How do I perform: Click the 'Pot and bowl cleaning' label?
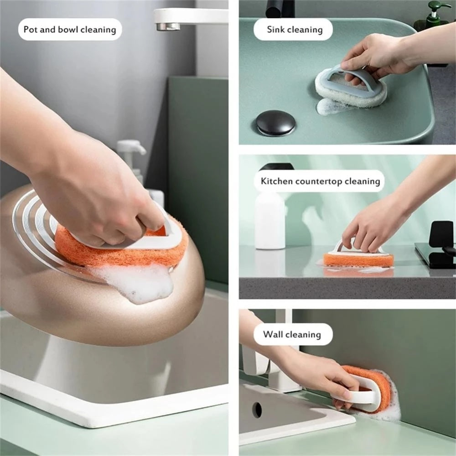(70, 30)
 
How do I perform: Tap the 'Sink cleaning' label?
(294, 30)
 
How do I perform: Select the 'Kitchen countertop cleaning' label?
(320, 181)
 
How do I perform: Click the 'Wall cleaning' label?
(292, 334)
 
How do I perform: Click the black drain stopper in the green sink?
(275, 123)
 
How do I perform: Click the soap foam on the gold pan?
(137, 283)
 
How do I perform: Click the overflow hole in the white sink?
(257, 409)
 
